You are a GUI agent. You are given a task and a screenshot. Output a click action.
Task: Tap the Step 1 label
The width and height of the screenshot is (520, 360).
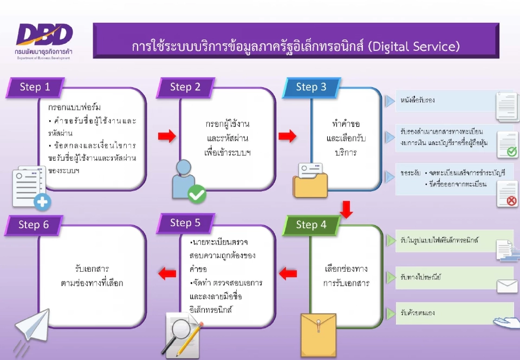coord(35,87)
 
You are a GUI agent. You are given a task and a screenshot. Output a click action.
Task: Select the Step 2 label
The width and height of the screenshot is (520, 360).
coord(185,87)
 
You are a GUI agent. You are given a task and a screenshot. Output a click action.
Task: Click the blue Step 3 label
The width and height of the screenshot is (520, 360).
coord(311,87)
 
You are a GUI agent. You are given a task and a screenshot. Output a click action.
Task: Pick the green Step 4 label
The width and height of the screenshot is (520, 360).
coord(311,225)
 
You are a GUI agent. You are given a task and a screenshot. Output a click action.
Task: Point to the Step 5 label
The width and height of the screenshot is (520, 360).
coord(185,223)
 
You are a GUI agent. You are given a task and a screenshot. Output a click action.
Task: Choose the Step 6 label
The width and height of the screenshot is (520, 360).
coord(34,225)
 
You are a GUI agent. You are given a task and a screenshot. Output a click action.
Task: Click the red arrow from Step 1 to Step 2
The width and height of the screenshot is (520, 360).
coord(167,136)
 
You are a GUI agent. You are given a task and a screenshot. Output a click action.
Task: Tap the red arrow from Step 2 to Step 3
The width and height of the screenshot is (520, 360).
coord(288,136)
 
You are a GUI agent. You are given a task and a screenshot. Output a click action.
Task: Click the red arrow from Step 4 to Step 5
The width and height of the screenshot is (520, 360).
coord(288,273)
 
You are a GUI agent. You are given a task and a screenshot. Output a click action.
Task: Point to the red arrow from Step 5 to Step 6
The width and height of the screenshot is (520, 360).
coord(167,273)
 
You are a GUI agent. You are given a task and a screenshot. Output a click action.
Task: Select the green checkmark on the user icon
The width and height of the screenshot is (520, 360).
coord(197,194)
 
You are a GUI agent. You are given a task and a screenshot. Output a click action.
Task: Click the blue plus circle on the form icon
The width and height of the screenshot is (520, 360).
coord(42,203)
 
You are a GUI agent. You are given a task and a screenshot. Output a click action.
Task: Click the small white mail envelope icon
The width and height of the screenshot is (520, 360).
coord(507,286)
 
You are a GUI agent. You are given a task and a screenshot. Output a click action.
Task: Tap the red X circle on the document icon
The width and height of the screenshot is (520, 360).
coord(510,201)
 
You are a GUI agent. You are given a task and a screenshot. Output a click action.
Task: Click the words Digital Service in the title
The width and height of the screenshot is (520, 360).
coord(414,47)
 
